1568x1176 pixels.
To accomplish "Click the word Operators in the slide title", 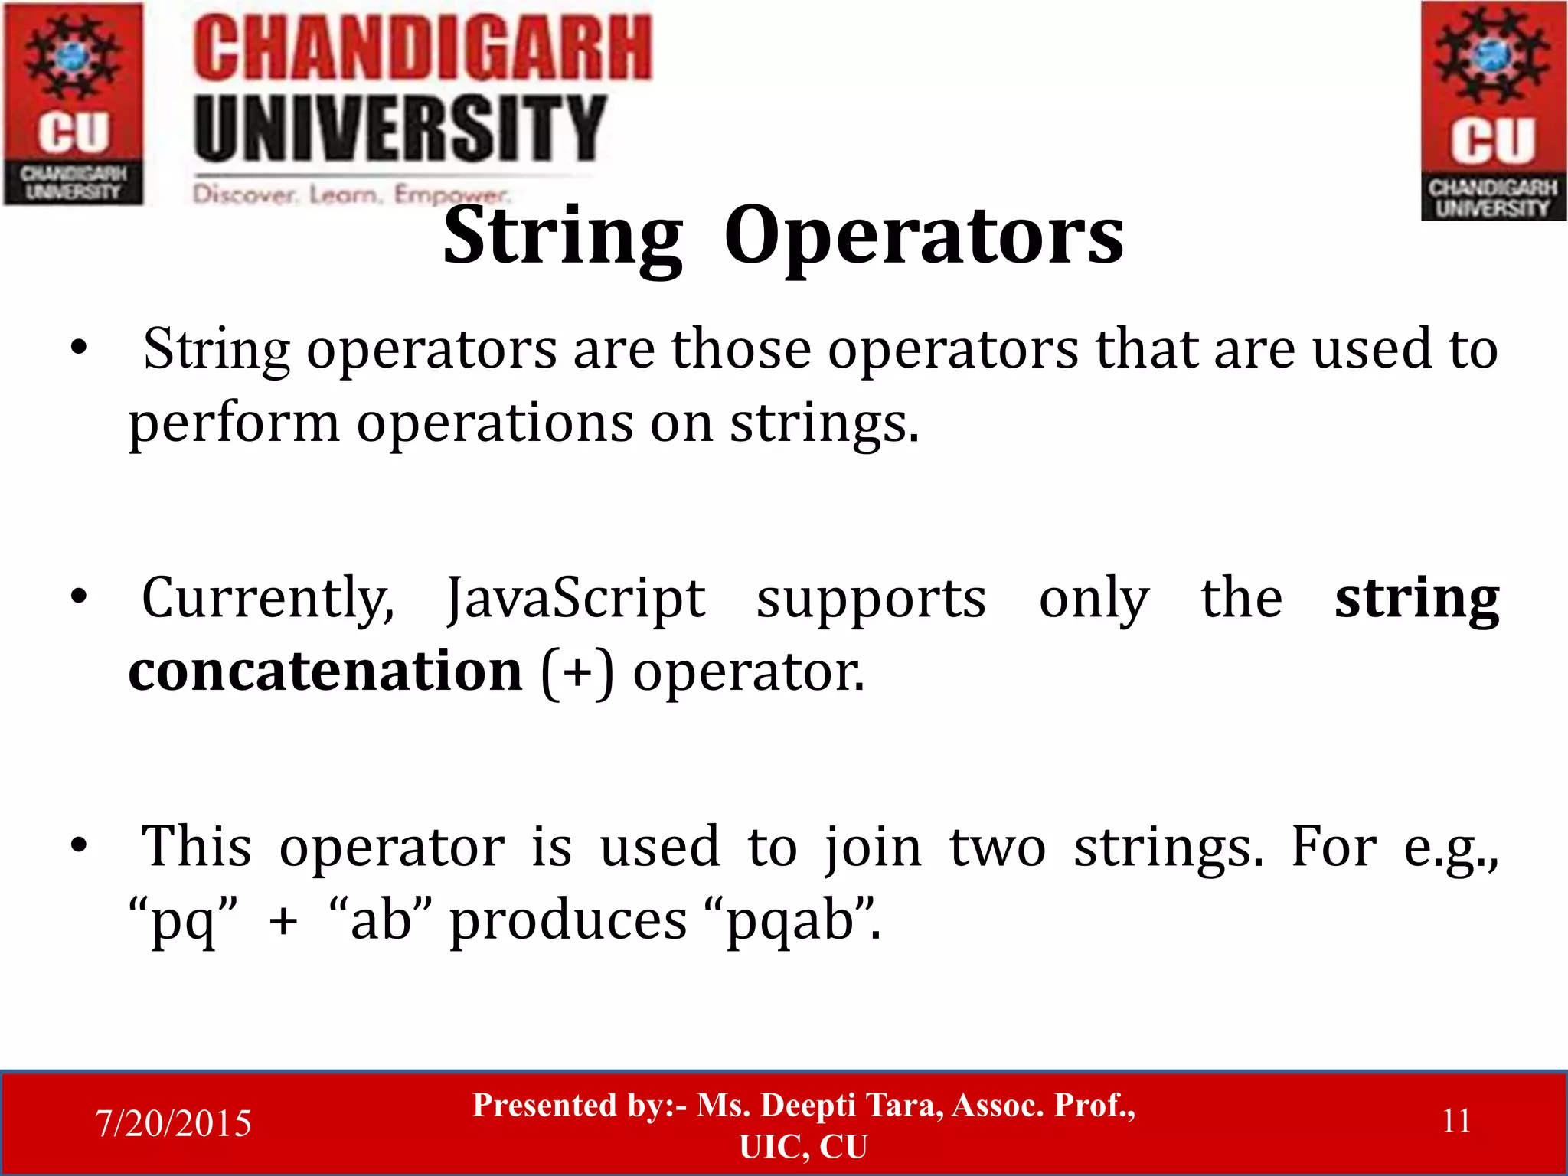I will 923,237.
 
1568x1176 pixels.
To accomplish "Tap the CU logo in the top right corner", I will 1493,111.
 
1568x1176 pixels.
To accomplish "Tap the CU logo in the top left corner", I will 73,103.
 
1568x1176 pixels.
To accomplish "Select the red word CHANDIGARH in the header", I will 422,49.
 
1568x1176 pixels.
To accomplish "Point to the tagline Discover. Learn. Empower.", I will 350,194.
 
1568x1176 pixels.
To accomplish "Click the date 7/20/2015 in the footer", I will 173,1123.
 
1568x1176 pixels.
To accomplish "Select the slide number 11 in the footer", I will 1456,1121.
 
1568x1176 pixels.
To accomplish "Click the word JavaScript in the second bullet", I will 576,599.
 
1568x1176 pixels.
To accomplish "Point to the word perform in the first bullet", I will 234,423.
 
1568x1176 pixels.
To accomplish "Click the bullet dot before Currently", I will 78,597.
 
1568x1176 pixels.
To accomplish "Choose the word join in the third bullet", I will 873,848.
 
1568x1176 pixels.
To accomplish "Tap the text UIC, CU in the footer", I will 803,1147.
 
